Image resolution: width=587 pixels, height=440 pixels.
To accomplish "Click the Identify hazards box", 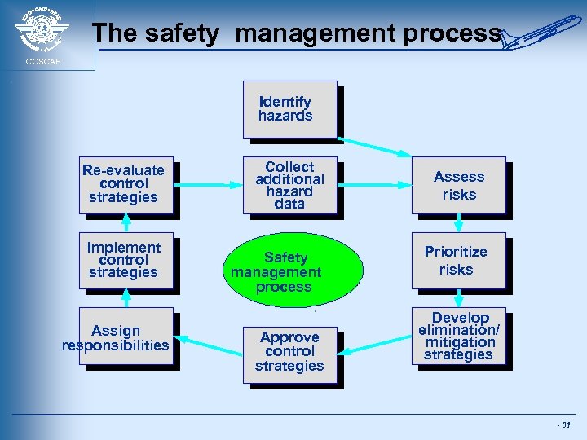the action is (x=289, y=108).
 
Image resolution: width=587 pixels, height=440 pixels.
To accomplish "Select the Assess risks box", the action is (x=458, y=185).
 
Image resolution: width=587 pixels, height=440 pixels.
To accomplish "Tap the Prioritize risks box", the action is (x=458, y=261).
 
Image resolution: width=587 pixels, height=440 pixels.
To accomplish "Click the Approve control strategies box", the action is (x=289, y=351).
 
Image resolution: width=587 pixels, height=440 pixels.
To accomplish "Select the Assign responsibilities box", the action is (x=126, y=337).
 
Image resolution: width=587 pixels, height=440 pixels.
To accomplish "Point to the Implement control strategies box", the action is (x=126, y=260).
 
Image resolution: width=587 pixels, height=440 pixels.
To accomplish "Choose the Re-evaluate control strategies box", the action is (x=126, y=184).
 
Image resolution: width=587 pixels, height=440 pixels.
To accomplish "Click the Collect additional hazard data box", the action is (x=289, y=185).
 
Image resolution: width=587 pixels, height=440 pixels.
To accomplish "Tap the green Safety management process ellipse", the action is (x=277, y=272).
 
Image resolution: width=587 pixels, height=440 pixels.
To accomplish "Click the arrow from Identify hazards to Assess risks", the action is (x=375, y=144).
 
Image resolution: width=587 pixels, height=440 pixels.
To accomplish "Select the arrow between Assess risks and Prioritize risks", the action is (x=459, y=222).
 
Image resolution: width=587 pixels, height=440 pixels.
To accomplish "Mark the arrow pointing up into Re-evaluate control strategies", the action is (x=126, y=223).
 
